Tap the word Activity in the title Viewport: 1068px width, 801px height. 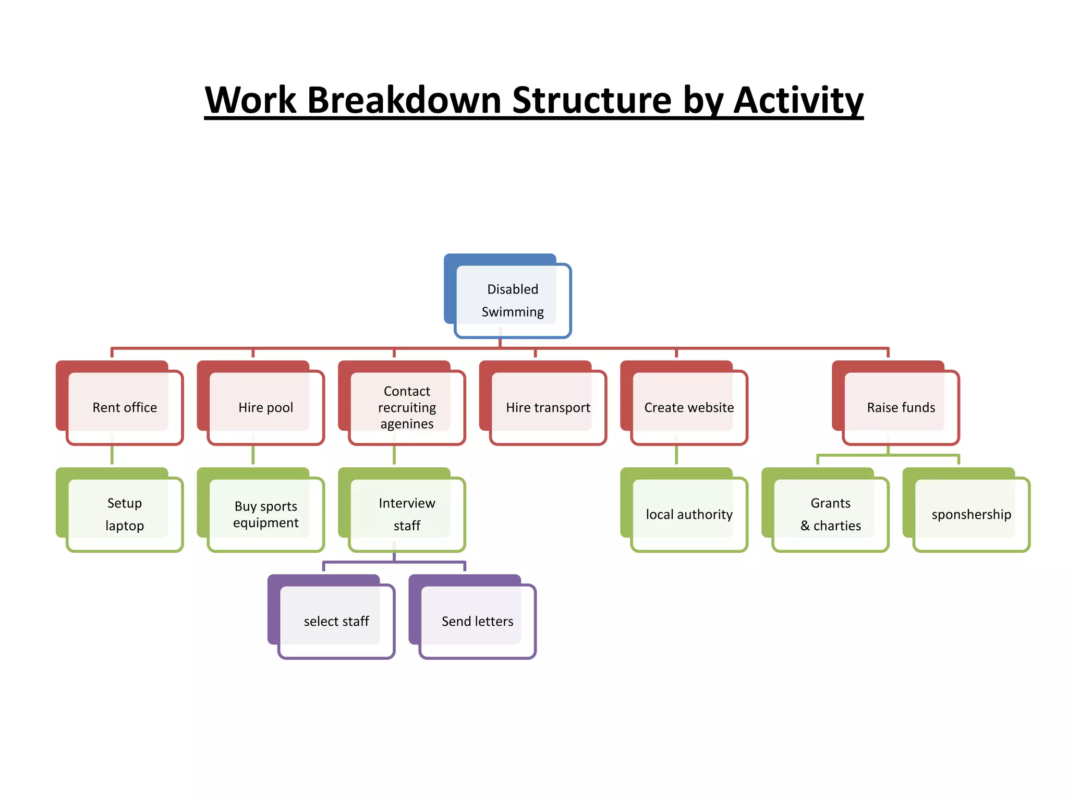[x=798, y=100]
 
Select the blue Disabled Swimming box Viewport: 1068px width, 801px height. [x=512, y=300]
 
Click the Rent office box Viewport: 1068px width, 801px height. [x=124, y=407]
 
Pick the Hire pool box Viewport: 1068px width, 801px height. [x=265, y=407]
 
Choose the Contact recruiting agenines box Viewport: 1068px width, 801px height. [x=407, y=407]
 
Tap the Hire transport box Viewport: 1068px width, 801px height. [x=548, y=407]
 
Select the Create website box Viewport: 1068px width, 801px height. [x=689, y=407]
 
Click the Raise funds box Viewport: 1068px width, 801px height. [x=901, y=407]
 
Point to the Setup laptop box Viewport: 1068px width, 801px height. [x=124, y=514]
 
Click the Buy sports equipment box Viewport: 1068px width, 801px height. [x=265, y=514]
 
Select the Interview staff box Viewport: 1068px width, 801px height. [x=407, y=514]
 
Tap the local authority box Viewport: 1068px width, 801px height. [x=689, y=514]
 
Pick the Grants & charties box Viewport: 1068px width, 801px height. [x=830, y=514]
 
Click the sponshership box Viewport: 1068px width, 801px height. [x=971, y=514]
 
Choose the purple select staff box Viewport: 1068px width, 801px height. [x=336, y=621]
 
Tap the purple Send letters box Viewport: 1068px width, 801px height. [x=477, y=621]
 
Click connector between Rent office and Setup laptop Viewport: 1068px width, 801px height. [x=112, y=455]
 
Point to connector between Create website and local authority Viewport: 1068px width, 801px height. [x=676, y=455]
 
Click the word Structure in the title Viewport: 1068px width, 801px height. [x=592, y=100]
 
